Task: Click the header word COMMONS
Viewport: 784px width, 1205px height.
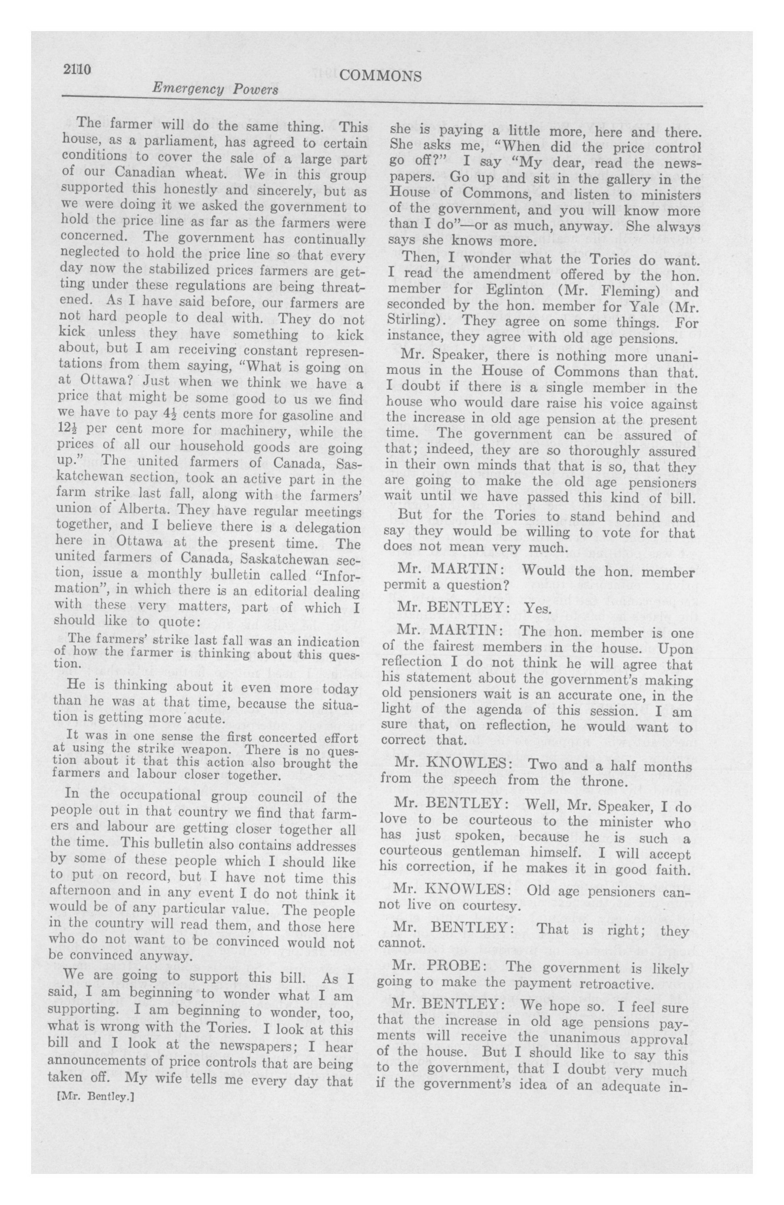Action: tap(380, 76)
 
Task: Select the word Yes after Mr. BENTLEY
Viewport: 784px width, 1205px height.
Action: tap(536, 607)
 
